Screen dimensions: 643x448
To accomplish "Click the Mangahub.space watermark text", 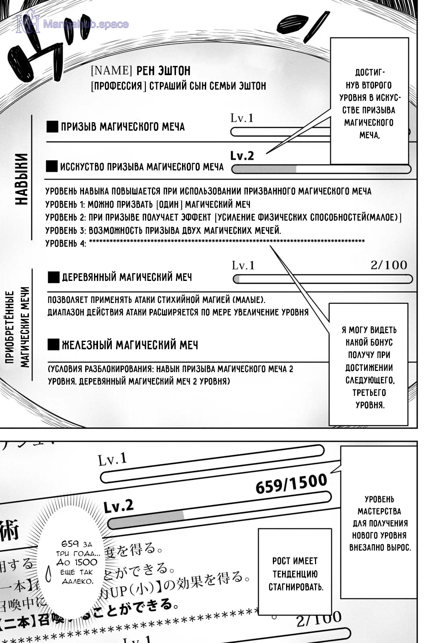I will pos(85,25).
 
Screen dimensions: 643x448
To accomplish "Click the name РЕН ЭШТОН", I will pos(163,71).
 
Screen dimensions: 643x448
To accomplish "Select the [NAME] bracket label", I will pos(111,71).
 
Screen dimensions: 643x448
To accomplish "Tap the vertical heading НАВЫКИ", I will pos(22,179).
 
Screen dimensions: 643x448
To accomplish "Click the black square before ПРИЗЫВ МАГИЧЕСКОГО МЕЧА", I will pos(52,127).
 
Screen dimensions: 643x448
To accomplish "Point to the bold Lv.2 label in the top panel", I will pos(242,156).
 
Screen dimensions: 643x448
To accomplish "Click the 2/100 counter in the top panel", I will pos(389,265).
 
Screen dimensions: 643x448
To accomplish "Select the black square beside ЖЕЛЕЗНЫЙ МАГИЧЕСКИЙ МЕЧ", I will pos(53,344).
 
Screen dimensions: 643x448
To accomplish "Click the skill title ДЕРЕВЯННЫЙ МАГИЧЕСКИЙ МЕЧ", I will pos(127,277).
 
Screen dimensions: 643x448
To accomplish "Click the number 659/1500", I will pos(291,484).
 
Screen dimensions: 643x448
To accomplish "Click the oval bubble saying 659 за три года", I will pos(76,563).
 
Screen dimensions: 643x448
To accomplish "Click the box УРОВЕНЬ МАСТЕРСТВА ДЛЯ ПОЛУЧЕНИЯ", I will pos(379,522).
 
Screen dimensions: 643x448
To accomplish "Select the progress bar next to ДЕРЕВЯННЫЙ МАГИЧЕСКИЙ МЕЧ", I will pos(322,279).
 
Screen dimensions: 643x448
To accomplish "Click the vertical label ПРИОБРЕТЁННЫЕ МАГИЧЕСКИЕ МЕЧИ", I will pos(18,328).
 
